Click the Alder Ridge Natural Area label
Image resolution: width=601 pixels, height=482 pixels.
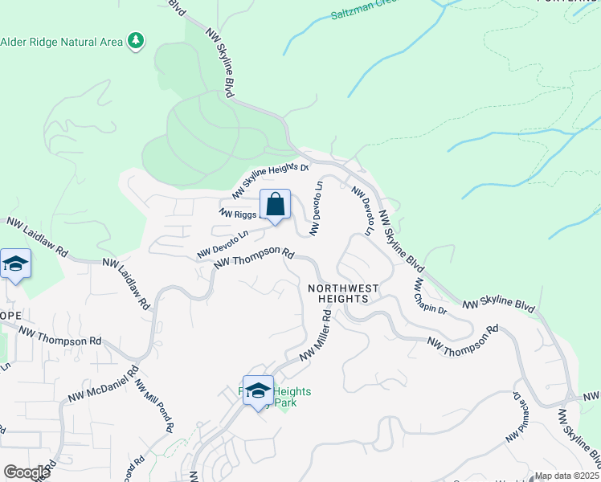(x=62, y=42)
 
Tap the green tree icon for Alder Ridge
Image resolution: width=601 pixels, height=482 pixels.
(x=137, y=41)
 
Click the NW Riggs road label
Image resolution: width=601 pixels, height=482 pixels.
(x=238, y=214)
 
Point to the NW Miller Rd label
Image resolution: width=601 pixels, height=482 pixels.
(x=316, y=337)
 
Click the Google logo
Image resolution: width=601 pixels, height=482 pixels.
(x=27, y=472)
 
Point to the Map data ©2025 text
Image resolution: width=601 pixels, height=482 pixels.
(x=567, y=476)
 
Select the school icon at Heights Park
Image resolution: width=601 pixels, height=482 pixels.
(x=258, y=391)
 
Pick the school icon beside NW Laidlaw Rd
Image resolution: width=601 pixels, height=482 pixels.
(x=15, y=264)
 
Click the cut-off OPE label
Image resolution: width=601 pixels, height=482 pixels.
(x=10, y=315)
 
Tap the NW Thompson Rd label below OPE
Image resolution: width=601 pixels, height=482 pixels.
(x=61, y=336)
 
